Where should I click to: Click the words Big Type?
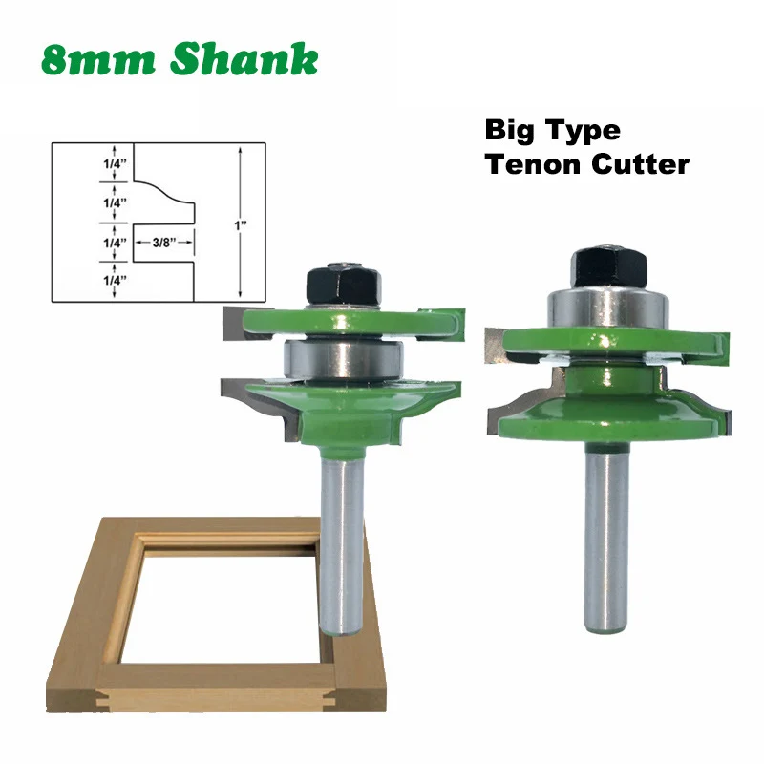[x=552, y=130]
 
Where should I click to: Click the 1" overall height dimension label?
[x=244, y=224]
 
